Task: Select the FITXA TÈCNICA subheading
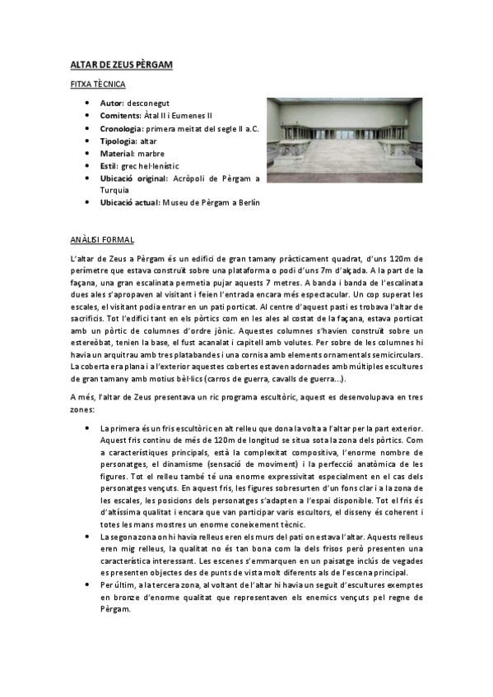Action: point(97,84)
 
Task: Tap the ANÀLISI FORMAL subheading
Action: point(102,240)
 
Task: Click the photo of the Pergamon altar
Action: point(343,140)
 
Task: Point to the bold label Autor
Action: point(111,104)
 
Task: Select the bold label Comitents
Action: point(120,116)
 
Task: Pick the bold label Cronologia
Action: point(122,128)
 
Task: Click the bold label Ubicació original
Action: point(133,178)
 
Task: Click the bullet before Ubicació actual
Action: point(87,202)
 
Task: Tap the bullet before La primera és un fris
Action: point(87,428)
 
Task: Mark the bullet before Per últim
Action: point(87,584)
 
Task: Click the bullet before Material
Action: point(87,153)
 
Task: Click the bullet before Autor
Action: point(87,104)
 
